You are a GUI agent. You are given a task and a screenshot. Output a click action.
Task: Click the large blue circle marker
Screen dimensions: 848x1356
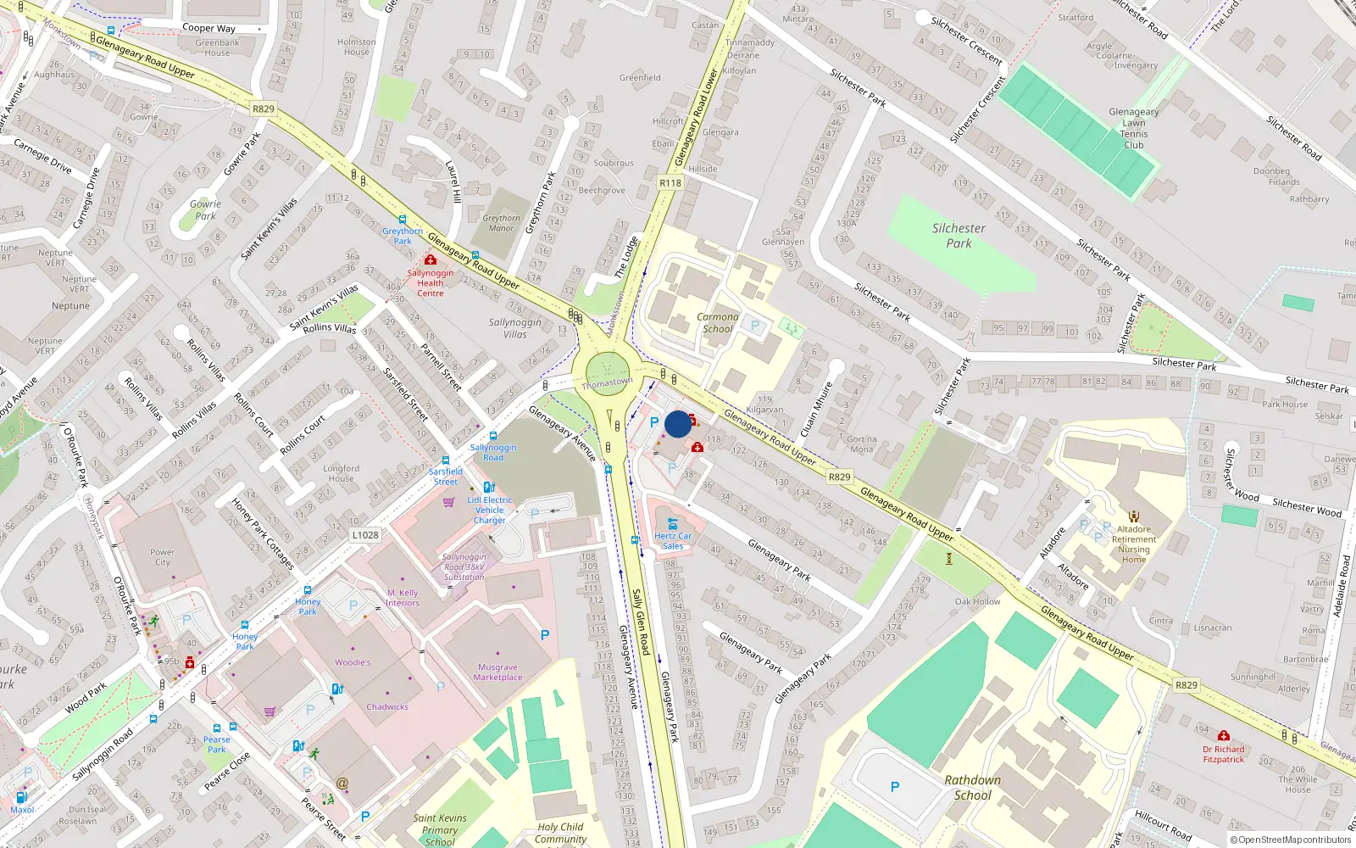(x=678, y=424)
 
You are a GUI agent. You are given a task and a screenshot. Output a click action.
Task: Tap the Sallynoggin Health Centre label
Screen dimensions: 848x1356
(x=430, y=283)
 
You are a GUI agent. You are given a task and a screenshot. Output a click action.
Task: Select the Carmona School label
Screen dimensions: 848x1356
(x=717, y=323)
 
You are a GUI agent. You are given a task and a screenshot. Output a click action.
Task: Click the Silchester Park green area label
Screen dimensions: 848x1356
(x=959, y=236)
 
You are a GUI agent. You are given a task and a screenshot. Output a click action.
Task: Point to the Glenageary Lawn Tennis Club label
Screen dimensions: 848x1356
(x=1133, y=128)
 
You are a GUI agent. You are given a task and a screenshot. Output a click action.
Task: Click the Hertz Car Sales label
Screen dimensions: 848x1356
(x=673, y=541)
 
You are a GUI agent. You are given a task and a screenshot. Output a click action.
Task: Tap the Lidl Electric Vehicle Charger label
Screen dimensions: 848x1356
(x=489, y=510)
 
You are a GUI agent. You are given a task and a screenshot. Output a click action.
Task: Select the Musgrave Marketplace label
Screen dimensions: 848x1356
(x=497, y=672)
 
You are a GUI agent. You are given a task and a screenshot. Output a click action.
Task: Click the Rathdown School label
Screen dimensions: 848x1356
(x=972, y=788)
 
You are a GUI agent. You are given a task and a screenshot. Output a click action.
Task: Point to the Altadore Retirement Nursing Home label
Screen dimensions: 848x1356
(x=1134, y=544)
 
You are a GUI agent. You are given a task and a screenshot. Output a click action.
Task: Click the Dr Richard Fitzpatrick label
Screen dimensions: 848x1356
(x=1223, y=754)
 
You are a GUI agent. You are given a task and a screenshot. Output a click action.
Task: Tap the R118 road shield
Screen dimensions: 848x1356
(x=670, y=183)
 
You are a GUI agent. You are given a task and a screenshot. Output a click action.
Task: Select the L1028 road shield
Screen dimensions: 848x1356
(x=365, y=535)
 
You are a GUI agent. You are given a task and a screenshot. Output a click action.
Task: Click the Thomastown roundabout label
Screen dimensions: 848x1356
(x=607, y=383)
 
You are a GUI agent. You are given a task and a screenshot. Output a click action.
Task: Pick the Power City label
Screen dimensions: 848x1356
(x=163, y=557)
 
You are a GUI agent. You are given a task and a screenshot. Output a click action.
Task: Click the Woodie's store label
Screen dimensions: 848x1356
(x=353, y=662)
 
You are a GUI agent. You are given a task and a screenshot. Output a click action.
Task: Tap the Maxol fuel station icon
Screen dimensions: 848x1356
(x=22, y=797)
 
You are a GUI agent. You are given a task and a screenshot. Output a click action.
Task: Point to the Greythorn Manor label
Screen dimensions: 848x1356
(x=501, y=223)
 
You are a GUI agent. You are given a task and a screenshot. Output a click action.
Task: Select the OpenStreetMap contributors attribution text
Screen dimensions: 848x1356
(x=1290, y=840)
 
